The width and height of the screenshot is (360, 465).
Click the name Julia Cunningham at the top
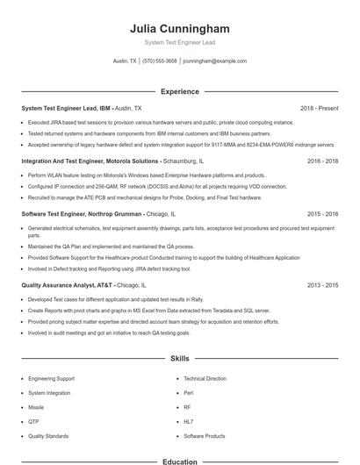pos(179,28)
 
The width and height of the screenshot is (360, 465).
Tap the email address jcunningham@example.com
pos(214,61)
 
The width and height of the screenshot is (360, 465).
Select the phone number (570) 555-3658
pos(159,61)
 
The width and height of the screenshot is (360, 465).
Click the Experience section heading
pos(179,91)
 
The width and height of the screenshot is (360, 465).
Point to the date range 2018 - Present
pos(319,108)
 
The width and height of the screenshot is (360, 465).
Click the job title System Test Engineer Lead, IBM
pos(67,108)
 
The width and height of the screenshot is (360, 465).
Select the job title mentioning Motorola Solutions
pos(90,161)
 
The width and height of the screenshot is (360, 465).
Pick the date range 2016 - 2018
pos(322,161)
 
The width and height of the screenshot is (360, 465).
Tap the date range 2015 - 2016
pos(322,214)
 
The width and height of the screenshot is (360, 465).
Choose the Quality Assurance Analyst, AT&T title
pos(68,285)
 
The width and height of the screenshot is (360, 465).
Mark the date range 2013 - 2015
pos(322,285)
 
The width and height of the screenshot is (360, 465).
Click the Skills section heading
pos(179,359)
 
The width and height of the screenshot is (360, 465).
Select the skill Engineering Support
pos(51,378)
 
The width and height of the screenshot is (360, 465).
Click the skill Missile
pos(36,407)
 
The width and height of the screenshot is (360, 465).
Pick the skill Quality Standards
pos(47,436)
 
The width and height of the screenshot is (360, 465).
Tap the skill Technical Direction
pos(205,378)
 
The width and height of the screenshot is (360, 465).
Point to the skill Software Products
pos(204,436)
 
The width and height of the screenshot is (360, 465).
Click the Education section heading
pos(179,461)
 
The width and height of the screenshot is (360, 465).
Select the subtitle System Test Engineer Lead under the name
pos(179,42)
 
